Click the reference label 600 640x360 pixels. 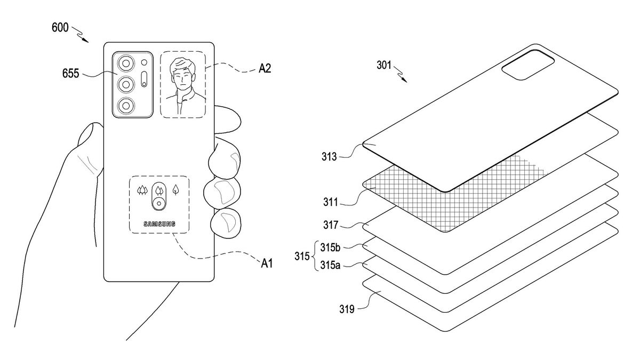tap(60, 27)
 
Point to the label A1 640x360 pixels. tap(266, 262)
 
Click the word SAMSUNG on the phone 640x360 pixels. tap(159, 224)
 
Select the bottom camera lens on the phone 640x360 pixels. tap(126, 105)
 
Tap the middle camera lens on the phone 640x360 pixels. tap(126, 84)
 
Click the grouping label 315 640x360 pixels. tap(302, 257)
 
